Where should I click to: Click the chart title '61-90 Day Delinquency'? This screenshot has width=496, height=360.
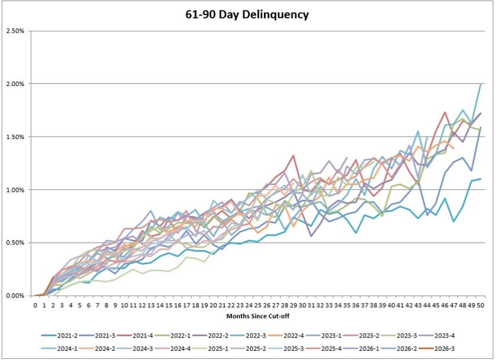click(247, 15)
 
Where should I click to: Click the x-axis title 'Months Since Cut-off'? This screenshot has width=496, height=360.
click(258, 316)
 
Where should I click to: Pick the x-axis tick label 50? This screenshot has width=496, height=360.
click(480, 305)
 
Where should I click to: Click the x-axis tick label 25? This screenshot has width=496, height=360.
click(258, 305)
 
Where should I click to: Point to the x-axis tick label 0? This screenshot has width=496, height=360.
click(35, 305)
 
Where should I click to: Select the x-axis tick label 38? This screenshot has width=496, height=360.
click(374, 305)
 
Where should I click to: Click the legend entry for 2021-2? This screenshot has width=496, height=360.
click(60, 336)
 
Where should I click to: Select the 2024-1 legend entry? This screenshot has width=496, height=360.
click(60, 348)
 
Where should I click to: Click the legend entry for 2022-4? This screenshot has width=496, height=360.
click(285, 336)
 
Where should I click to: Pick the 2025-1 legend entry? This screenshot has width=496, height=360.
click(211, 348)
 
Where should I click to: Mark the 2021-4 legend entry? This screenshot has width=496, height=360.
click(135, 336)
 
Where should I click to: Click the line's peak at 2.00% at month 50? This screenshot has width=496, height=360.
click(481, 84)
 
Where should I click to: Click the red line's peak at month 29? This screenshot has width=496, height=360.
click(294, 156)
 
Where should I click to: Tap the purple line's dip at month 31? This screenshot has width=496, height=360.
click(312, 236)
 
